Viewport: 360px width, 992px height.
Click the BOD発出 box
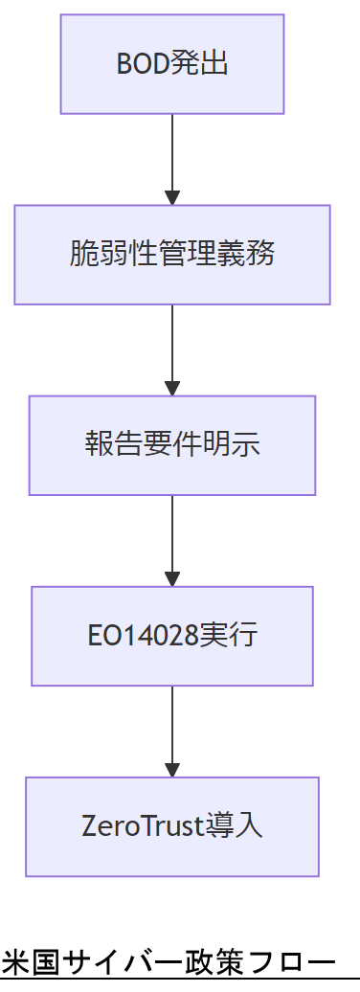pos(172,64)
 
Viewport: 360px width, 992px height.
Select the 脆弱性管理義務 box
pos(172,255)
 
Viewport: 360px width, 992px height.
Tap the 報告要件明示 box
pos(172,445)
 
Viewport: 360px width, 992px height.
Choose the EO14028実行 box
pos(172,636)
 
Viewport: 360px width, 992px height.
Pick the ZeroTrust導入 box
pos(172,826)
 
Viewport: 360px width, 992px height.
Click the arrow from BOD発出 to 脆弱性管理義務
pos(172,158)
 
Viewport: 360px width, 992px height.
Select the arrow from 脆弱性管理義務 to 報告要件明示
pos(172,349)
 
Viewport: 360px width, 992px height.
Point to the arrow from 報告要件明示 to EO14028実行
pos(172,539)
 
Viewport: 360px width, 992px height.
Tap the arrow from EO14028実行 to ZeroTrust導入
pos(172,730)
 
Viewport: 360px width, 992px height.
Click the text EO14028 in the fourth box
pos(143,636)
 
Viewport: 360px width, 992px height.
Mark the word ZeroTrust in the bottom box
pos(145,826)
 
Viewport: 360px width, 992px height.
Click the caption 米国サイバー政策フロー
pos(169,961)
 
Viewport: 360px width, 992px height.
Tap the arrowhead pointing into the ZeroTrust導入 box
pos(172,770)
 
